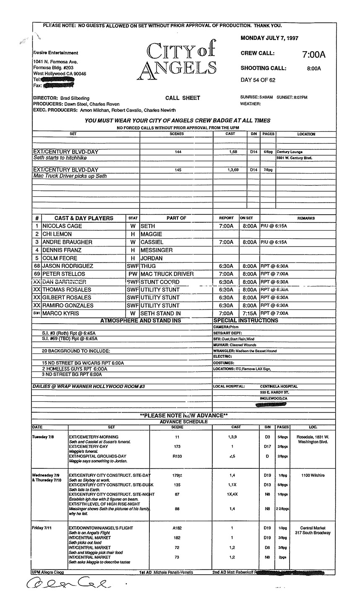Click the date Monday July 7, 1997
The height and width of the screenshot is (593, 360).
[x=269, y=38]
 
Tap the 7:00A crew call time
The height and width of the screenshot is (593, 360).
[x=313, y=55]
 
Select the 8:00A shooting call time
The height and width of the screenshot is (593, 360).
[x=313, y=68]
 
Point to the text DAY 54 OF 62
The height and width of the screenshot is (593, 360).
[x=258, y=80]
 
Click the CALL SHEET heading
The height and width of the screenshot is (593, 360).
[x=183, y=98]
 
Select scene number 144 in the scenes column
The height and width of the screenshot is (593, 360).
[x=178, y=152]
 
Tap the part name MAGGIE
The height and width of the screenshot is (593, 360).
[x=151, y=234]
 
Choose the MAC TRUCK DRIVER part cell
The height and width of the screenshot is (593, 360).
[x=167, y=274]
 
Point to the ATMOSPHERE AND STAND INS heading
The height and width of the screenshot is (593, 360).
[x=141, y=321]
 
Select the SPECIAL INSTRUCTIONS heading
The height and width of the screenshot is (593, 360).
[x=245, y=321]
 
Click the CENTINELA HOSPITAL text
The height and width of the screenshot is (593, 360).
[x=279, y=386]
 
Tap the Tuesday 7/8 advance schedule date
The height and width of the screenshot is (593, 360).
[x=43, y=437]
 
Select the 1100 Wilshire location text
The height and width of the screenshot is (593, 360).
[x=313, y=476]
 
